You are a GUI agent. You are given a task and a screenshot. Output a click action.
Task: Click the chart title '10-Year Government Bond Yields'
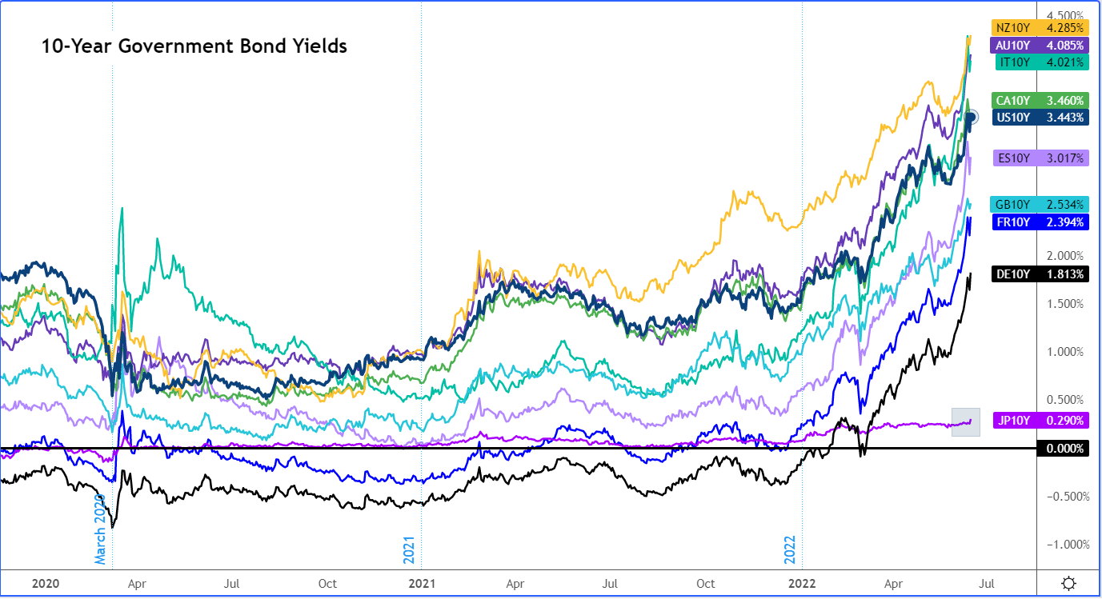point(194,46)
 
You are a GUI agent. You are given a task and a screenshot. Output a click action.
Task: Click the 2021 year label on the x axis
point(421,583)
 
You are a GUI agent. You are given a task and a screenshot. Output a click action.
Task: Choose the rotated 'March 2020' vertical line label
point(100,529)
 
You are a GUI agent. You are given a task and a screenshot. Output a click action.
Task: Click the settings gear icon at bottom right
point(1068,583)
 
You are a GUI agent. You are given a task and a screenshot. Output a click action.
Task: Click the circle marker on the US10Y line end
point(972,118)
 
